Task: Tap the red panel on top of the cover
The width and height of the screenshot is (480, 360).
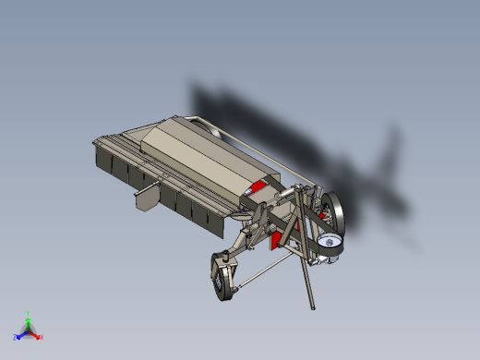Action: coord(258,188)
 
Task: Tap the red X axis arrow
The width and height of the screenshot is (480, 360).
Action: coord(37,335)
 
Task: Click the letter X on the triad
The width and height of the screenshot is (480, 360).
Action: coord(42,338)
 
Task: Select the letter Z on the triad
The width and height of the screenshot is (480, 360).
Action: coord(16,339)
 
